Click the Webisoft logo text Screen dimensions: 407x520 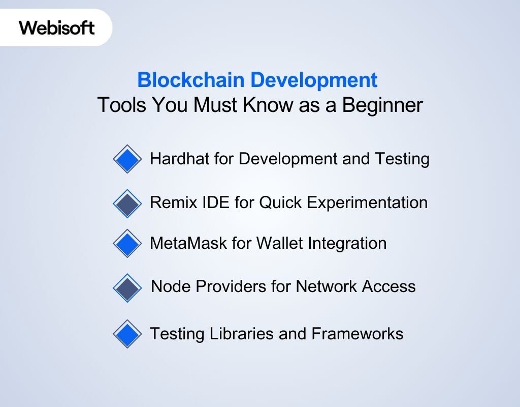point(57,27)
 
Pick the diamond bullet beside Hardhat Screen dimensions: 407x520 point(127,159)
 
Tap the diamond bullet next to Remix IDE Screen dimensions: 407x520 point(127,203)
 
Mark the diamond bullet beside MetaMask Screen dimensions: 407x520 point(127,244)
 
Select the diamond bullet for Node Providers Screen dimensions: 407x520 point(127,288)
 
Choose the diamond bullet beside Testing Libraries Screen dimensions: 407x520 point(127,334)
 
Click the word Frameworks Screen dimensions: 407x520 point(357,334)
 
